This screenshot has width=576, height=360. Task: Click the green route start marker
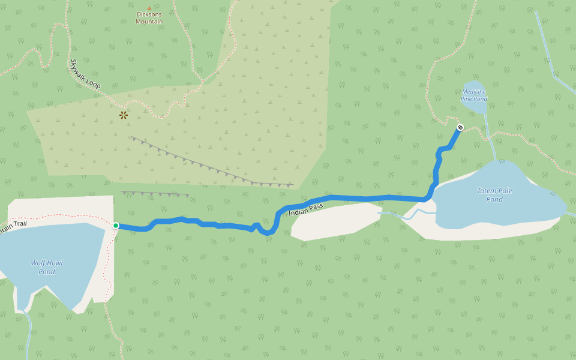coord(116,226)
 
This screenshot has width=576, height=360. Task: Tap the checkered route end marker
coord(460,127)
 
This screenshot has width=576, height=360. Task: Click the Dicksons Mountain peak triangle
coord(149,8)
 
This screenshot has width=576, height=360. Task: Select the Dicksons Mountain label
coord(149,18)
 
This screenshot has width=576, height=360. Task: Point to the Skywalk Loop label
coord(86,74)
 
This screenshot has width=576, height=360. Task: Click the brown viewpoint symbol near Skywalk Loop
coord(124,115)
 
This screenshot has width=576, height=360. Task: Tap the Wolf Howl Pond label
coord(47,267)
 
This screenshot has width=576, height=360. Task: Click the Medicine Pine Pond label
coord(473,95)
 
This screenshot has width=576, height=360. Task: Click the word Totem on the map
coord(487,191)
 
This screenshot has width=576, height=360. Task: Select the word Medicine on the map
coord(474,92)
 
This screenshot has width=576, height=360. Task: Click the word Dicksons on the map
coord(149,14)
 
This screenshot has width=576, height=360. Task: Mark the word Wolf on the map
coord(38,263)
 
